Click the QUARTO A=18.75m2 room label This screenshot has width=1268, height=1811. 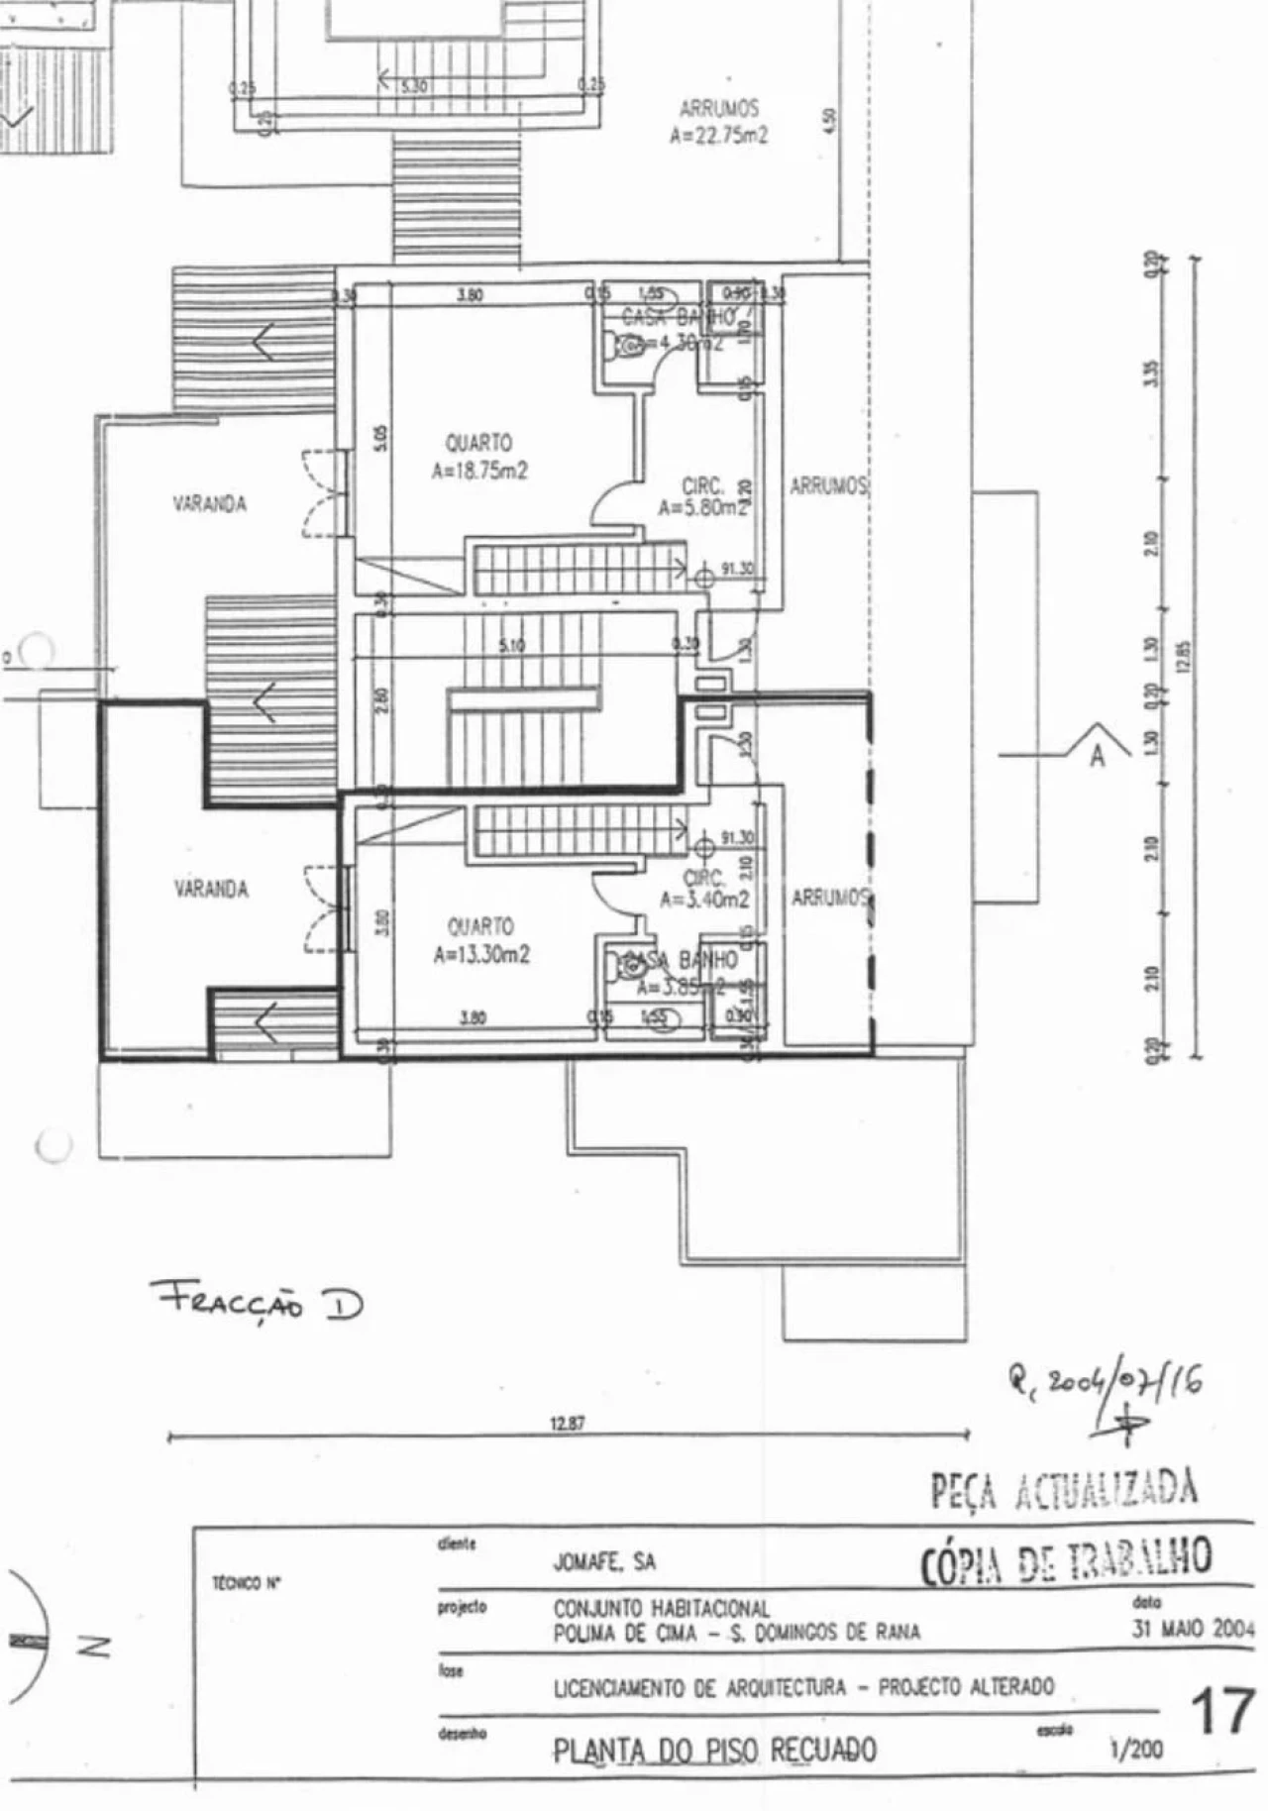(x=479, y=457)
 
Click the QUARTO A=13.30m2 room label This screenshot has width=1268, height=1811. (x=481, y=940)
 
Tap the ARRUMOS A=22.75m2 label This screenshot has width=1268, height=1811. (x=719, y=121)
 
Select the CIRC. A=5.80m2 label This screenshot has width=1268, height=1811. (x=703, y=497)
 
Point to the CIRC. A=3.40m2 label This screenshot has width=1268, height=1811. (x=705, y=889)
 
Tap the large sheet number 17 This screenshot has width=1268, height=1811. (x=1223, y=1712)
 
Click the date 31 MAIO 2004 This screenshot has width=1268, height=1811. (x=1194, y=1629)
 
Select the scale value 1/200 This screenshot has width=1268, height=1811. (x=1136, y=1750)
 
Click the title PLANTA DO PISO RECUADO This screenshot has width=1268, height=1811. (x=714, y=1751)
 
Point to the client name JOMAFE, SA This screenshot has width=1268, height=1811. (x=604, y=1562)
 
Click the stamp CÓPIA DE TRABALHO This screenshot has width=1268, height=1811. (x=1066, y=1559)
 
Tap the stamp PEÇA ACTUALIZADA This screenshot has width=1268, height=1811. (x=1064, y=1489)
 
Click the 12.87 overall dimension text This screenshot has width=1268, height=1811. (x=568, y=1424)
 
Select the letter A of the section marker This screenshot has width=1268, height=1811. (x=1097, y=756)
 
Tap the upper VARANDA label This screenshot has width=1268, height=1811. (x=210, y=503)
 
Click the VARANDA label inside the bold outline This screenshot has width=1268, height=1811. (x=211, y=889)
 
